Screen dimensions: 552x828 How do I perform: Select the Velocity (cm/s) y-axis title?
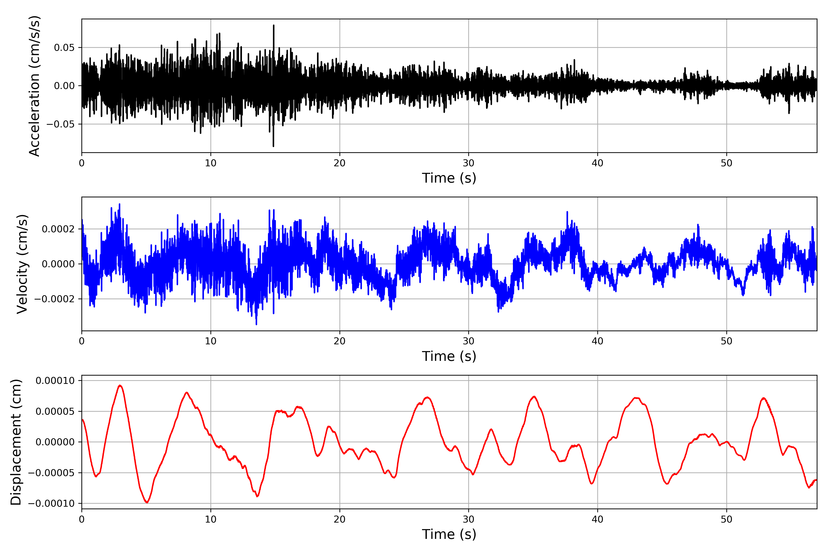point(22,264)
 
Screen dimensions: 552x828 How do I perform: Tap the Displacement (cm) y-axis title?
point(16,442)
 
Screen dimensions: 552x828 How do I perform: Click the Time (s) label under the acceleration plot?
point(449,178)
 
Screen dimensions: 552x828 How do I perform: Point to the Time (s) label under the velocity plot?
point(449,356)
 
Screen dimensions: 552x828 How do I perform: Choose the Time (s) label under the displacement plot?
point(449,534)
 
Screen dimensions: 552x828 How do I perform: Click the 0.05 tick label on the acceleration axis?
point(64,48)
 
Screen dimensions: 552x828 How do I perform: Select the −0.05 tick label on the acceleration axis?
point(60,124)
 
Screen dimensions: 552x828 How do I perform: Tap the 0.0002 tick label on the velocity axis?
point(58,229)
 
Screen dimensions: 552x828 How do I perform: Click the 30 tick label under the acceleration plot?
point(469,163)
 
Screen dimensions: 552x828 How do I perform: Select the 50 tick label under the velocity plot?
point(726,341)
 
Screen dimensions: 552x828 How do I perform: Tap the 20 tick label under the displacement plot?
point(340,520)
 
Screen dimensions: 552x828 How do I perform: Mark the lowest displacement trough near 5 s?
point(147,502)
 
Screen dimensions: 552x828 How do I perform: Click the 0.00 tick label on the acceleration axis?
point(64,86)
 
